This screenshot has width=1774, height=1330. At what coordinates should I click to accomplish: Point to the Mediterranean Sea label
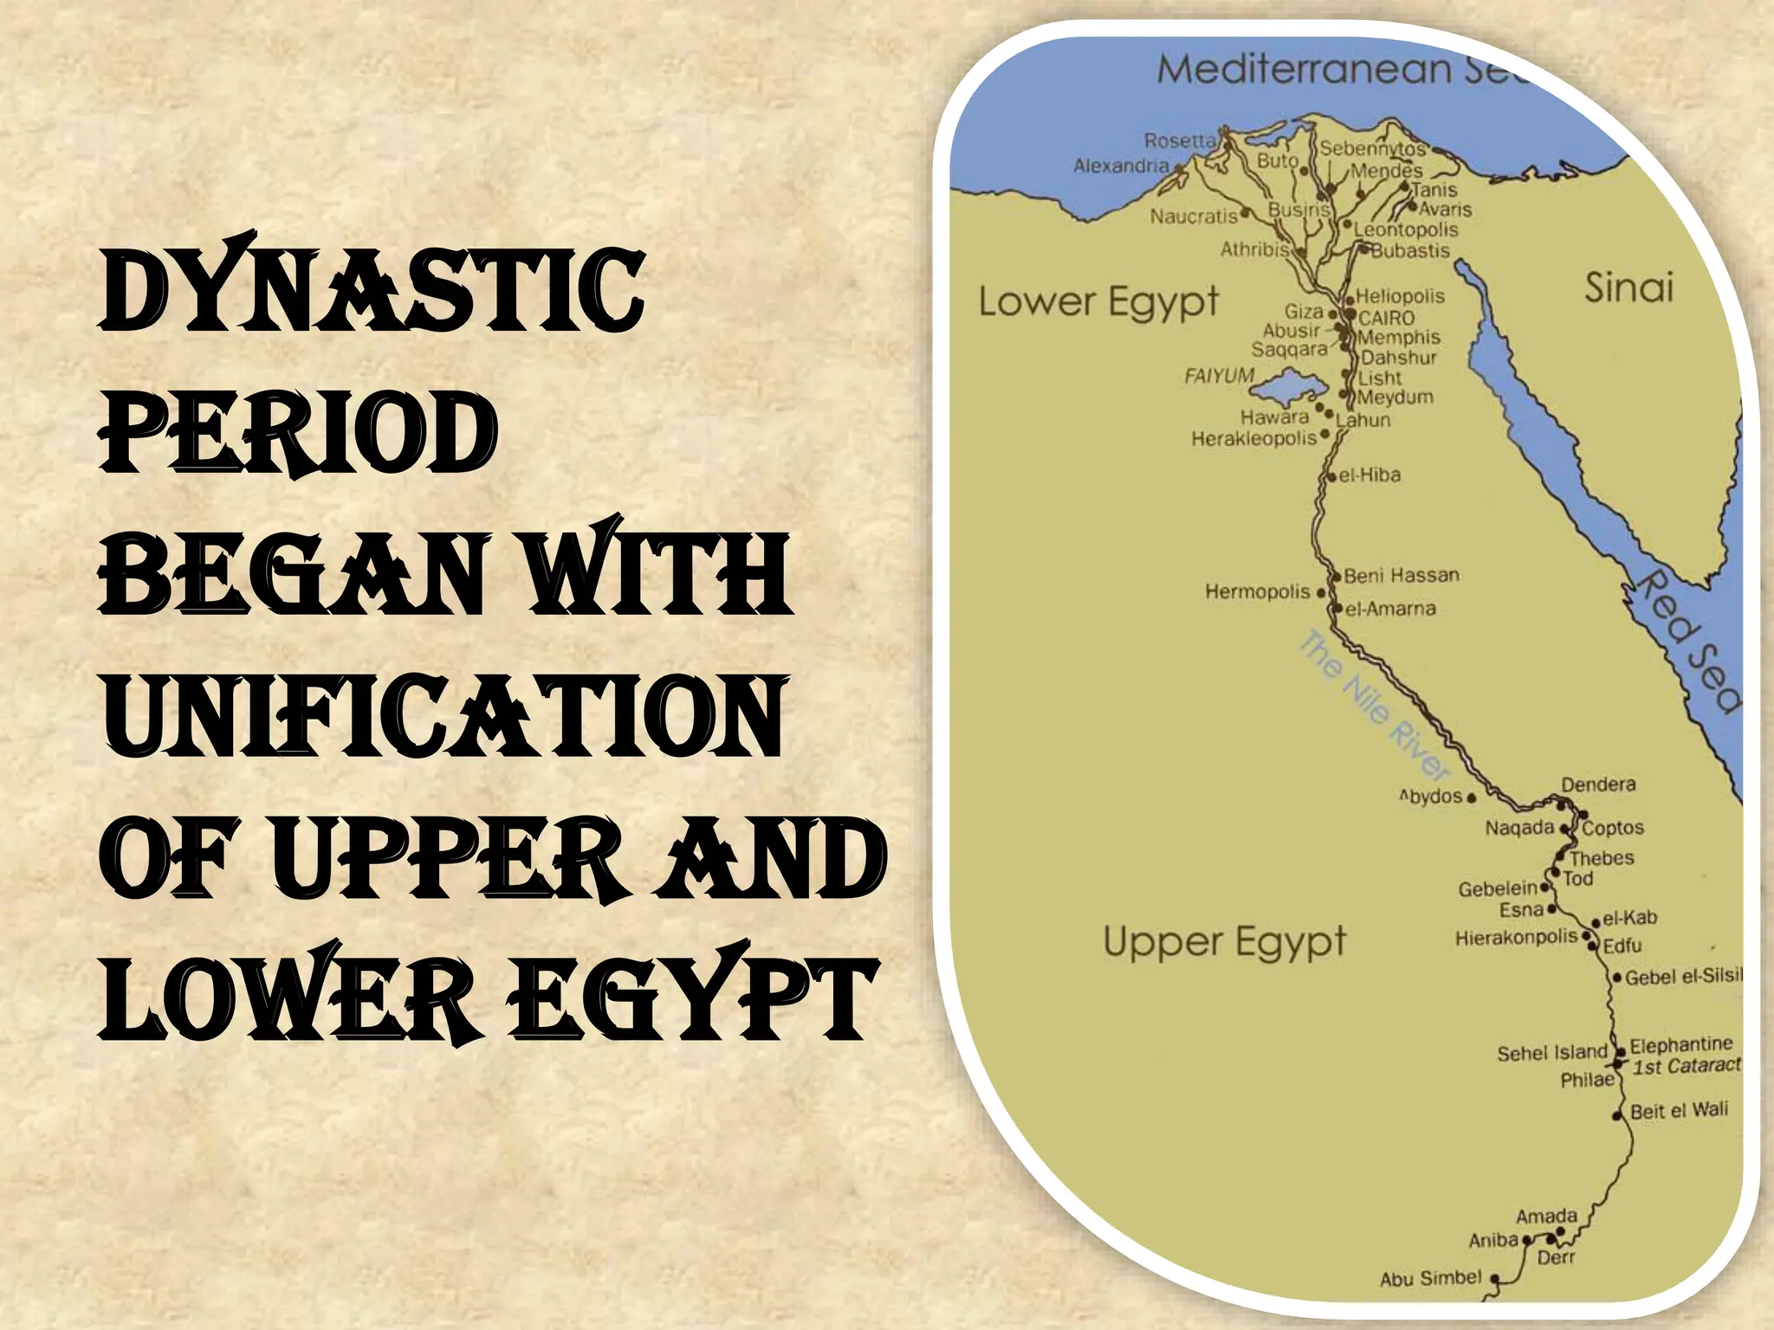[x=1343, y=69]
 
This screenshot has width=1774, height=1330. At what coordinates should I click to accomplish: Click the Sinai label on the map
[x=1628, y=287]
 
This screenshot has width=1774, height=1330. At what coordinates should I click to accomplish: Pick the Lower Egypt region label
[x=1098, y=301]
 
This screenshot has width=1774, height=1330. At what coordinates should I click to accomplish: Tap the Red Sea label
[x=1686, y=641]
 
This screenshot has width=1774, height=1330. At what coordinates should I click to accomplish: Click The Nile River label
[x=1373, y=703]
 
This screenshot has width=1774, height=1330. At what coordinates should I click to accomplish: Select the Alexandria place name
[x=1121, y=165]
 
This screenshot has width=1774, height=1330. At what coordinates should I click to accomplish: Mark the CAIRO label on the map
[x=1386, y=318]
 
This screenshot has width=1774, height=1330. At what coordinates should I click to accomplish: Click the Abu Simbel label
[x=1430, y=1278]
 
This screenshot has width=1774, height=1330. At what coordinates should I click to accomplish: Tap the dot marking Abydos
[x=1472, y=797]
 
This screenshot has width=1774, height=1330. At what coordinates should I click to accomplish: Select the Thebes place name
[x=1602, y=858]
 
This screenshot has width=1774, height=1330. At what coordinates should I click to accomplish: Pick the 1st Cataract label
[x=1686, y=1066]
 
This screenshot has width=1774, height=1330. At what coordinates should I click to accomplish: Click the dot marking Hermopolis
[x=1321, y=593]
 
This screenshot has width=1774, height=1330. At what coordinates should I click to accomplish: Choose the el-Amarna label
[x=1390, y=609]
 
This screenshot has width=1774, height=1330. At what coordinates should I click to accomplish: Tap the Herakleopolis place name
[x=1253, y=439]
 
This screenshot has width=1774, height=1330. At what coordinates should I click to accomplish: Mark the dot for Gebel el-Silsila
[x=1616, y=978]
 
